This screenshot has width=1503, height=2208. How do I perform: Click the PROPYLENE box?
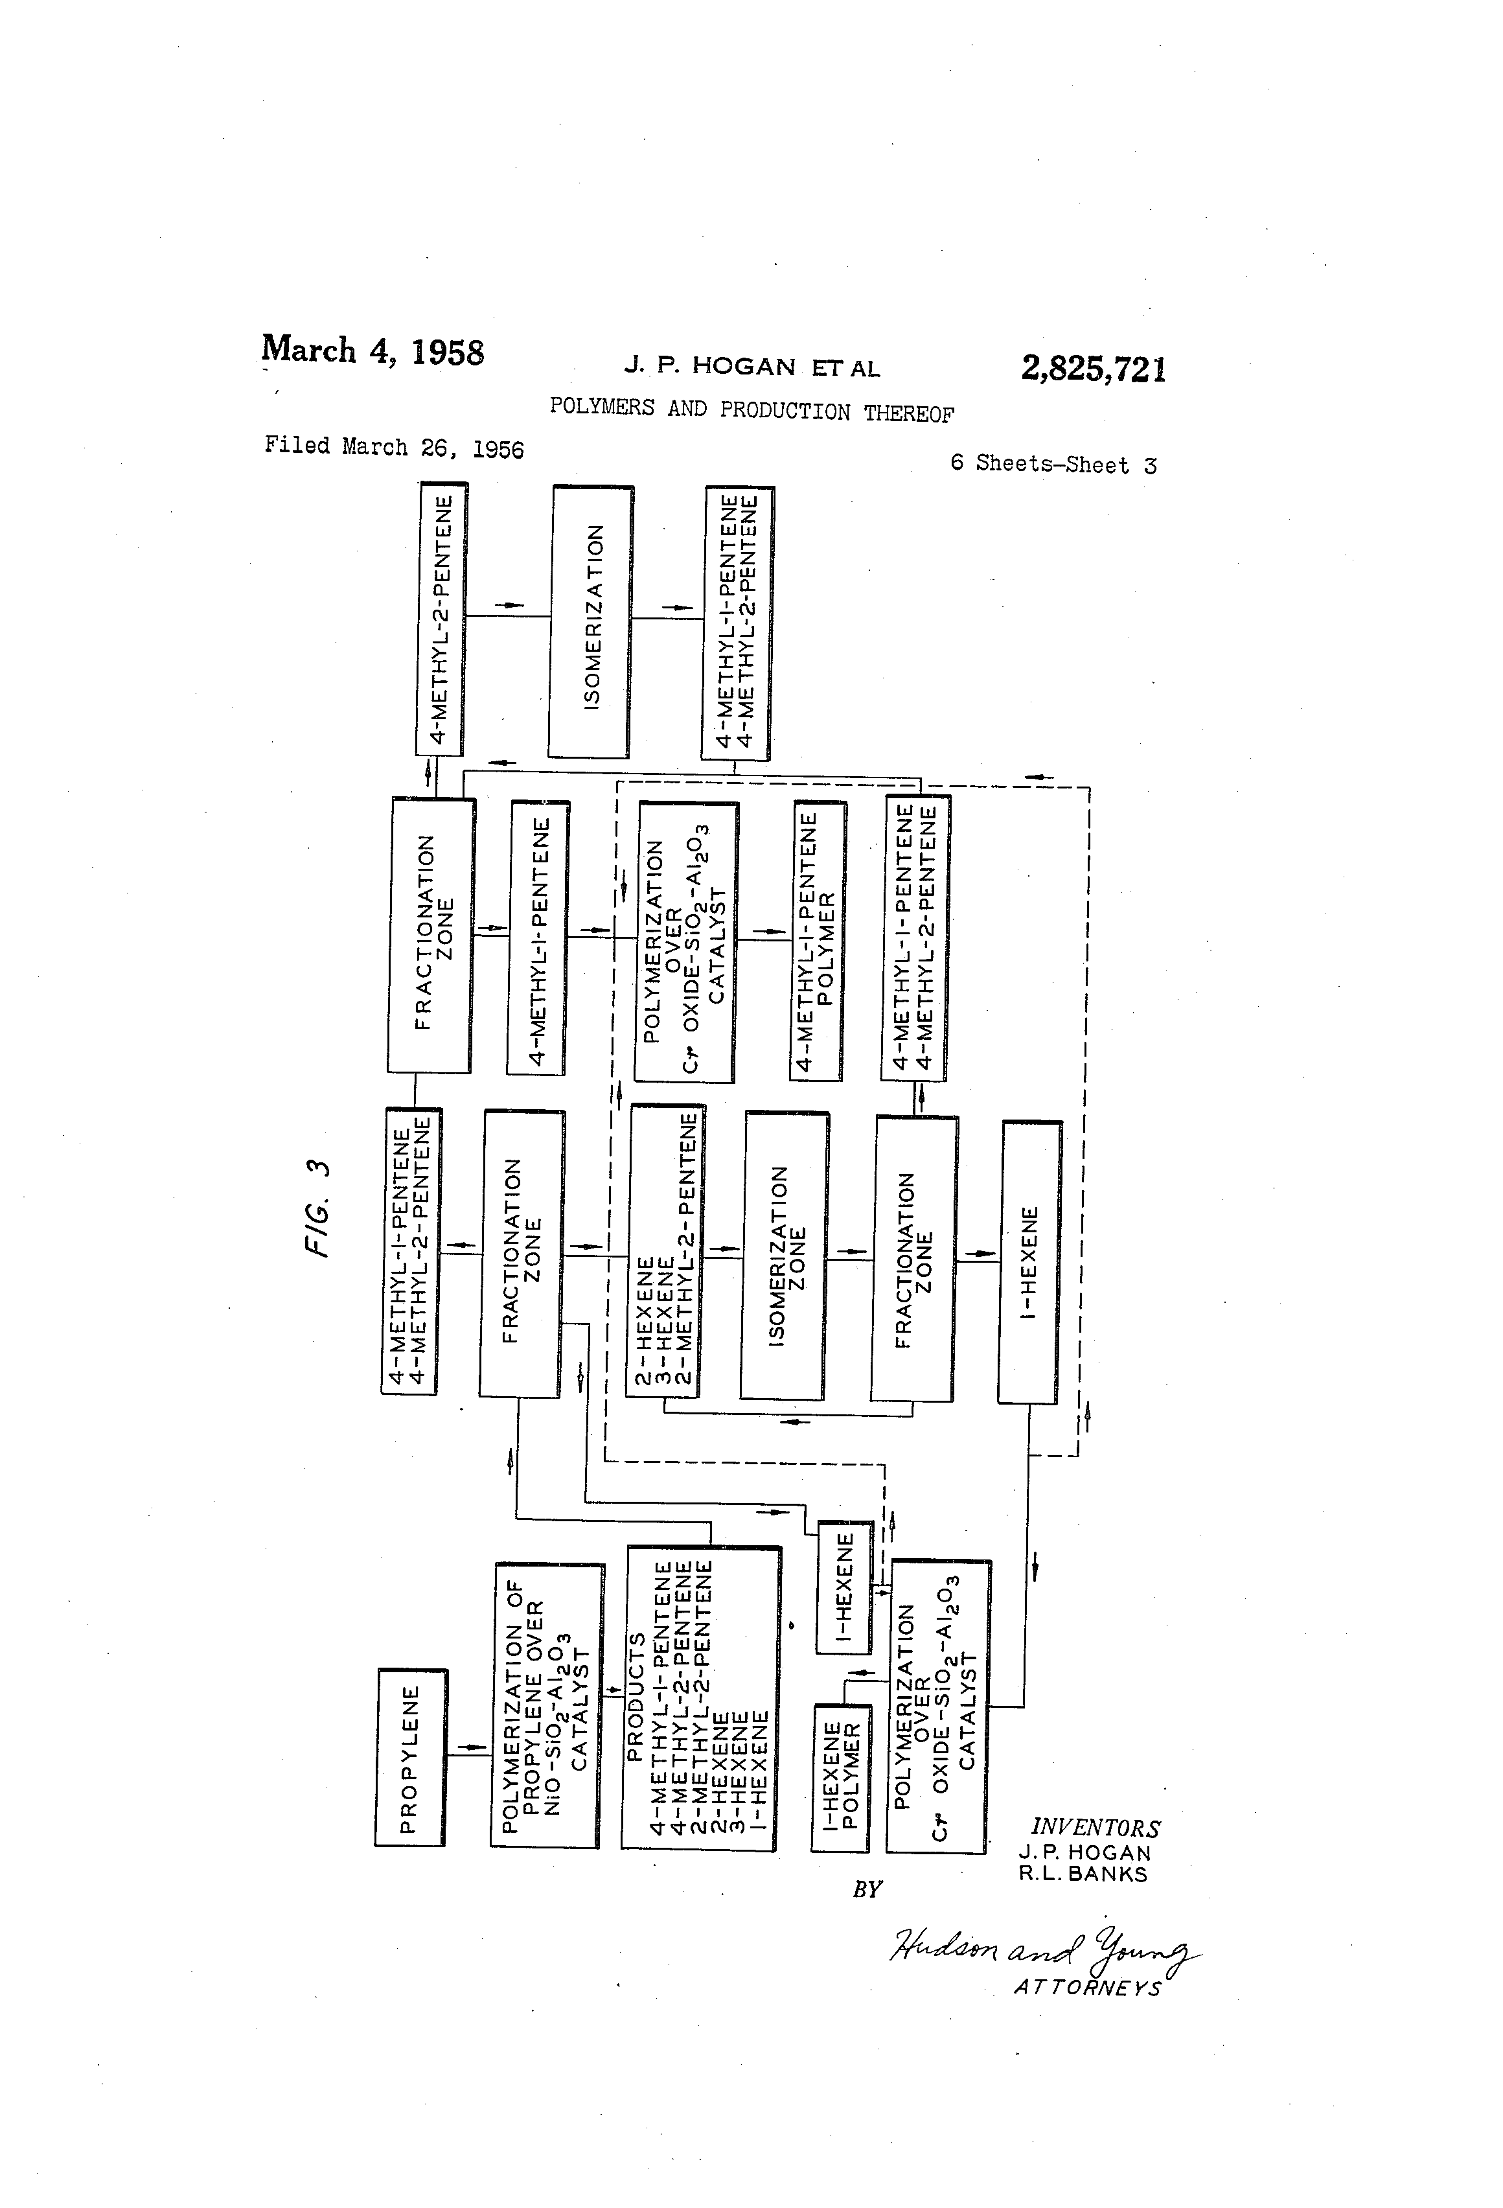coord(411,1758)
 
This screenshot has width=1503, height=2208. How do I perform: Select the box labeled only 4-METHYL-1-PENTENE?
coord(538,937)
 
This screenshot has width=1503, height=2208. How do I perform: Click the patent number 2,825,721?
coord(1094,368)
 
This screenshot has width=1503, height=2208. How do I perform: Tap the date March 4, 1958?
coord(373,351)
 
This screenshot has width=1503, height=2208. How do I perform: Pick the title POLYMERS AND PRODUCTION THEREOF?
coord(751,411)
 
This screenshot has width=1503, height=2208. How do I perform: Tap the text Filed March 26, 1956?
coord(393,446)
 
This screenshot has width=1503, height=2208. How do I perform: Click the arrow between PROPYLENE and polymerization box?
coord(468,1748)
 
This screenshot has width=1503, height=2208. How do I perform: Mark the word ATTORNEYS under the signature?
coord(1088,1988)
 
